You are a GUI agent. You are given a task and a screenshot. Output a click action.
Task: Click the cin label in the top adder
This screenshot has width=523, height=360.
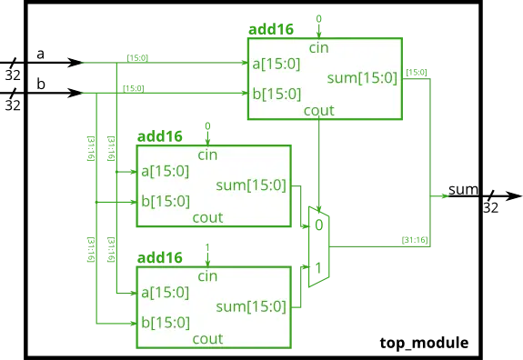point(319,47)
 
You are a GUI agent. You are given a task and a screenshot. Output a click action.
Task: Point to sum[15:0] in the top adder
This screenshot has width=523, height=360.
point(362,78)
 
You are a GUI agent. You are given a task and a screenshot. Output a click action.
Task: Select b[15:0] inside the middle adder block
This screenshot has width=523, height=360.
point(165,201)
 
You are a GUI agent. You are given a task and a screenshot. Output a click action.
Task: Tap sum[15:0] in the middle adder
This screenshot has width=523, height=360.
point(251,185)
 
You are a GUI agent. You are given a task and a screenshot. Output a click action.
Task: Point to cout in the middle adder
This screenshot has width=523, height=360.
point(207,217)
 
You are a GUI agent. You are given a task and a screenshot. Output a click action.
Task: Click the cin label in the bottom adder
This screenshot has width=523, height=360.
point(207,275)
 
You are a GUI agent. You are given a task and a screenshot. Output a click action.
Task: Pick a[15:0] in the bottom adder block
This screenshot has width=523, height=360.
point(165,292)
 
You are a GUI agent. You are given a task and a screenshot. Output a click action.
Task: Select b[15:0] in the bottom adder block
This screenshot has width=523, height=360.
point(165,323)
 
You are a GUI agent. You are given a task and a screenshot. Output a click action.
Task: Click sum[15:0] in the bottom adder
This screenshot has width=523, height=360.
point(251,307)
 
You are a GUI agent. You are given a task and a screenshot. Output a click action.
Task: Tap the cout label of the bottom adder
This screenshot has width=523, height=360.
point(207,339)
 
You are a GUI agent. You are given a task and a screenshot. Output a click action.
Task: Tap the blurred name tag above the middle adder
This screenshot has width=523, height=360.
point(159,137)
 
